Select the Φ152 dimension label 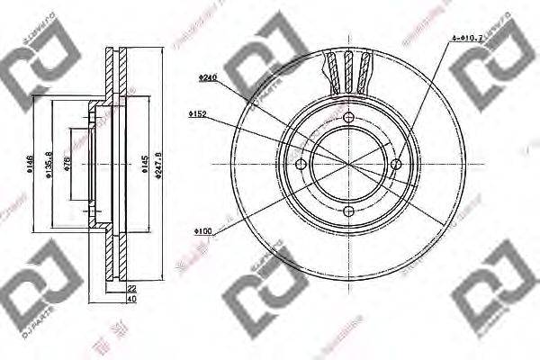198,114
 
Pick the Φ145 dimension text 144,164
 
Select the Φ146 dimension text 31,166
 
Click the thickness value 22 130,287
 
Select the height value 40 130,300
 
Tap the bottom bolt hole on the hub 349,211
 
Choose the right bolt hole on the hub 396,164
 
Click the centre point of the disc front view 349,164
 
